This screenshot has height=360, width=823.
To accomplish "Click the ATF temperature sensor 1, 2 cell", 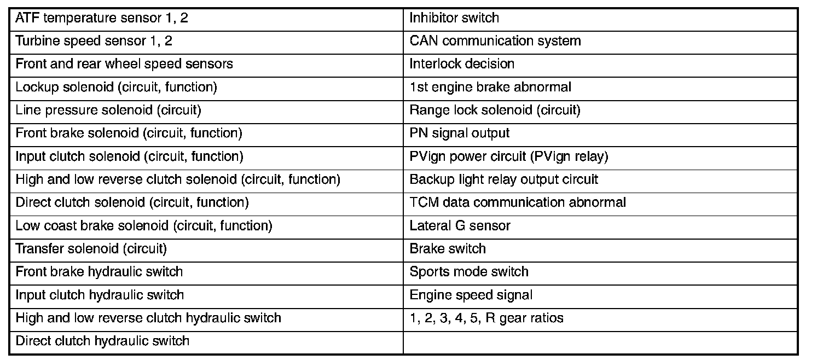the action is pyautogui.click(x=102, y=18).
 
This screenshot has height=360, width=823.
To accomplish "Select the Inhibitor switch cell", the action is pyautogui.click(x=454, y=18).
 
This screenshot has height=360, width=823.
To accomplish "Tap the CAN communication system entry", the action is pyautogui.click(x=495, y=41).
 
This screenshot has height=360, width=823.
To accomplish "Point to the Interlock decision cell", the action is pyautogui.click(x=462, y=64).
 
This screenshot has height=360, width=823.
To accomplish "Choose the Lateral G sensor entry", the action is pyautogui.click(x=460, y=225).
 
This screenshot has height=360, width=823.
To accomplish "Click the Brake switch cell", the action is pyautogui.click(x=448, y=249).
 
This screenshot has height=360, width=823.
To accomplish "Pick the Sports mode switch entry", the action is pyautogui.click(x=469, y=272).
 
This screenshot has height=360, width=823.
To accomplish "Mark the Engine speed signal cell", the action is pyautogui.click(x=471, y=295).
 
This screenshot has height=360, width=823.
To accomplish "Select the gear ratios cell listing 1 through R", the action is pyautogui.click(x=486, y=318).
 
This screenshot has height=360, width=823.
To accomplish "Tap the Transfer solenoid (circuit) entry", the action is pyautogui.click(x=91, y=249).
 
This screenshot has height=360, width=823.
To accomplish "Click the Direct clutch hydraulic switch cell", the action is pyautogui.click(x=102, y=341).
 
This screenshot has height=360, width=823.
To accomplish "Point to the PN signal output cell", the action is pyautogui.click(x=459, y=133).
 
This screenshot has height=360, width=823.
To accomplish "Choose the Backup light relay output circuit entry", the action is pyautogui.click(x=503, y=179).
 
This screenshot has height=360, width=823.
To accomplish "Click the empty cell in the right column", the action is pyautogui.click(x=600, y=342).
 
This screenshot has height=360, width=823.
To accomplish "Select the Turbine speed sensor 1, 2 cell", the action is pyautogui.click(x=94, y=41).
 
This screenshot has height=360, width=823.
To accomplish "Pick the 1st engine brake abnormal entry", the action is pyautogui.click(x=490, y=88).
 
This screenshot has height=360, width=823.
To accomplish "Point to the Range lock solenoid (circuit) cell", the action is pyautogui.click(x=495, y=111).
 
